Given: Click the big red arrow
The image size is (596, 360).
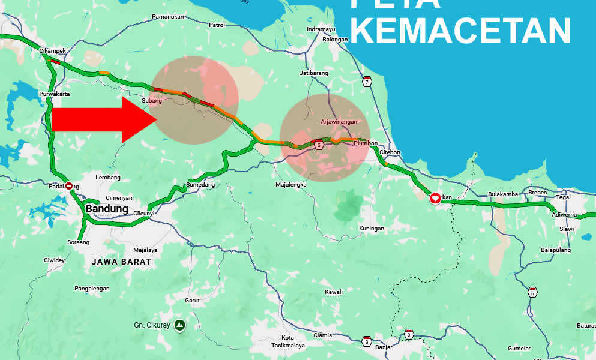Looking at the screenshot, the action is pyautogui.click(x=102, y=119).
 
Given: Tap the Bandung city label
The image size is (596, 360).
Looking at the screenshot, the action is pyautogui.click(x=107, y=209).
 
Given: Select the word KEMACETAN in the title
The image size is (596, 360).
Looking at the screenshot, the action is pyautogui.click(x=460, y=31).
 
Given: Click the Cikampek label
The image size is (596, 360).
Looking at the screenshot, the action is pyautogui.click(x=52, y=51).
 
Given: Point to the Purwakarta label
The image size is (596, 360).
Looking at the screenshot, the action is pyautogui.click(x=55, y=94).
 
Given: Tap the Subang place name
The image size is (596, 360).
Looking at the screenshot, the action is pyautogui.click(x=152, y=100).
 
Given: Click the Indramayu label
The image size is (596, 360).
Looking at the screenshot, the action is pyautogui.click(x=321, y=29).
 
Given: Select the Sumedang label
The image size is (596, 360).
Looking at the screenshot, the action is pyautogui.click(x=200, y=185).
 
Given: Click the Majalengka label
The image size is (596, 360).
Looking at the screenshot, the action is pyautogui.click(x=291, y=185).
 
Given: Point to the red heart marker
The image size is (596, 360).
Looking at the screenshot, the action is pyautogui.click(x=435, y=198).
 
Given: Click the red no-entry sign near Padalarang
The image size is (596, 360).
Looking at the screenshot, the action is pyautogui.click(x=69, y=186).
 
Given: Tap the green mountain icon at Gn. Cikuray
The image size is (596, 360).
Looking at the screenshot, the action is pyautogui.click(x=179, y=326).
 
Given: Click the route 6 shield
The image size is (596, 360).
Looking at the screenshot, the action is pyautogui.click(x=532, y=293).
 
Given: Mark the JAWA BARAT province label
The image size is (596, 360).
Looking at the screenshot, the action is pyautogui.click(x=122, y=262).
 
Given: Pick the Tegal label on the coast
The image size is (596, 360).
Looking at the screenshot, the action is pyautogui.click(x=563, y=197).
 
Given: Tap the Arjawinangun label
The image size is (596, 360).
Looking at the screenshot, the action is pyautogui.click(x=339, y=122).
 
